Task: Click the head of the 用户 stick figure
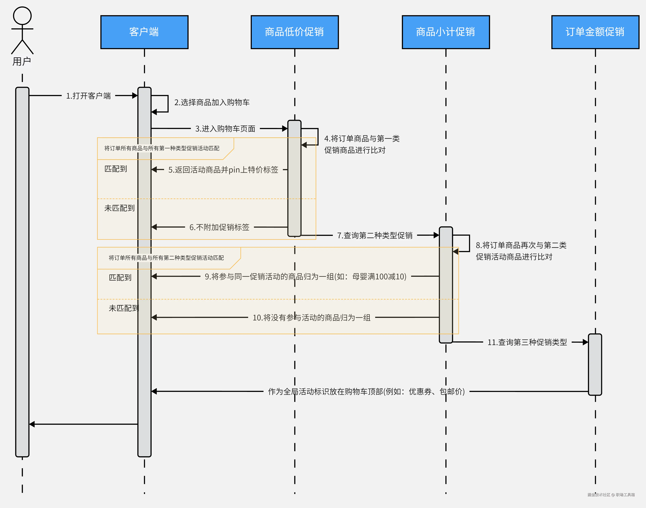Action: coord(22,16)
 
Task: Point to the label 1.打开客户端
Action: coord(88,96)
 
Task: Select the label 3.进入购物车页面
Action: coord(225,129)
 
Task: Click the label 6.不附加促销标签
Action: coord(219,227)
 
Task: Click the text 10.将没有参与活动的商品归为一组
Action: coord(311,318)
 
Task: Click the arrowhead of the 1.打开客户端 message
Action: coord(135,96)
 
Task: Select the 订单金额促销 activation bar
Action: coord(595,364)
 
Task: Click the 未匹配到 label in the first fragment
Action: coord(119,208)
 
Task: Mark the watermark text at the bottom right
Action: coord(611,495)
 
